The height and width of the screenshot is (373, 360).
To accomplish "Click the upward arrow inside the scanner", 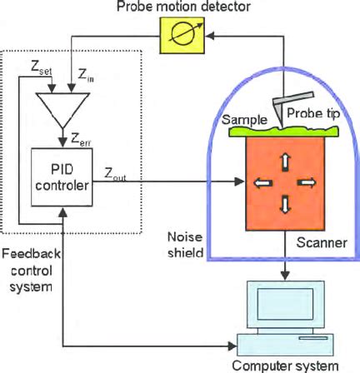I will click(x=286, y=162).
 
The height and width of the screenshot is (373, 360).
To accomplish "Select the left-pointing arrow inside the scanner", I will click(x=262, y=183).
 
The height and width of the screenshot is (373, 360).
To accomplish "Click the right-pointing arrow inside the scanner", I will click(x=308, y=183).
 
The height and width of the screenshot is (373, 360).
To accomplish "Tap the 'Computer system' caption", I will click(x=285, y=365).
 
